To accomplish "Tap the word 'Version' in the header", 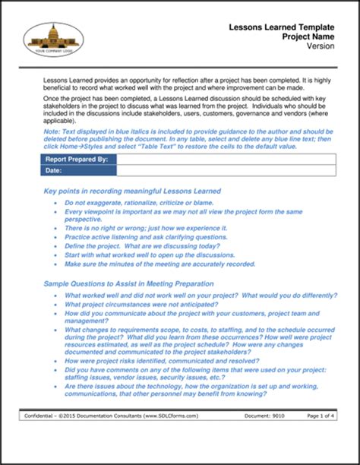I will coord(320,46).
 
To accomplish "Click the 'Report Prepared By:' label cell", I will coord(77,160).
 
